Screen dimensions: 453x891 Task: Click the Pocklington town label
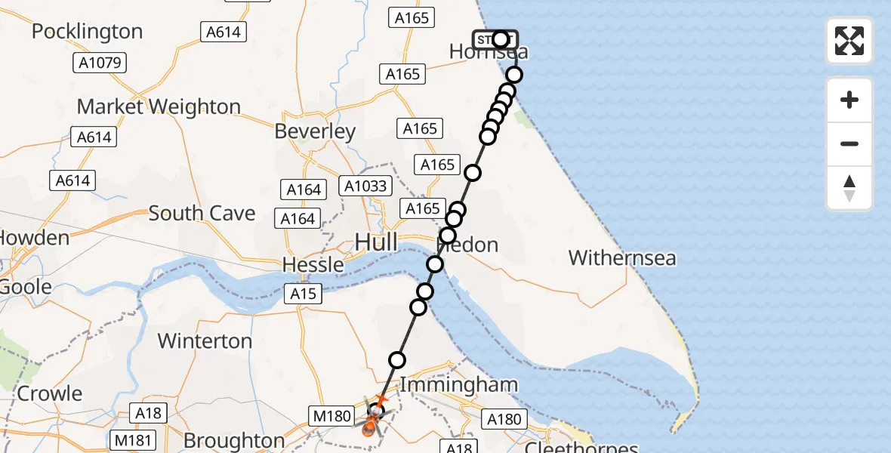87,32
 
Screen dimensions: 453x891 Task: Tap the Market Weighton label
159,106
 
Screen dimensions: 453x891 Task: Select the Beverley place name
315,131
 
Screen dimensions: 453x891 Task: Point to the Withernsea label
622,258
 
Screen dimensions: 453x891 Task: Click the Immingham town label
458,384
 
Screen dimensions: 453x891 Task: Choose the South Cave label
202,213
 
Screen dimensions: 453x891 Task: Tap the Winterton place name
205,341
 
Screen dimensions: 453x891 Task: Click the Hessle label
313,265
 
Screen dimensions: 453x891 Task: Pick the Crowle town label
50,393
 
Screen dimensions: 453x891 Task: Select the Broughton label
233,440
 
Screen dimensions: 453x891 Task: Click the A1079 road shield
100,63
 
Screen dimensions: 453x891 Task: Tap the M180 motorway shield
331,414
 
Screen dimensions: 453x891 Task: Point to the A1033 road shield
365,186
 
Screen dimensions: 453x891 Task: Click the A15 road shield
305,294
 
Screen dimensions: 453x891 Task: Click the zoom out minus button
849,143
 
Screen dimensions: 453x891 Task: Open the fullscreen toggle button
849,41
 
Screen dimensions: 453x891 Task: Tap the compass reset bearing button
849,188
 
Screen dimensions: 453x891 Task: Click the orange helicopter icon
371,426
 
